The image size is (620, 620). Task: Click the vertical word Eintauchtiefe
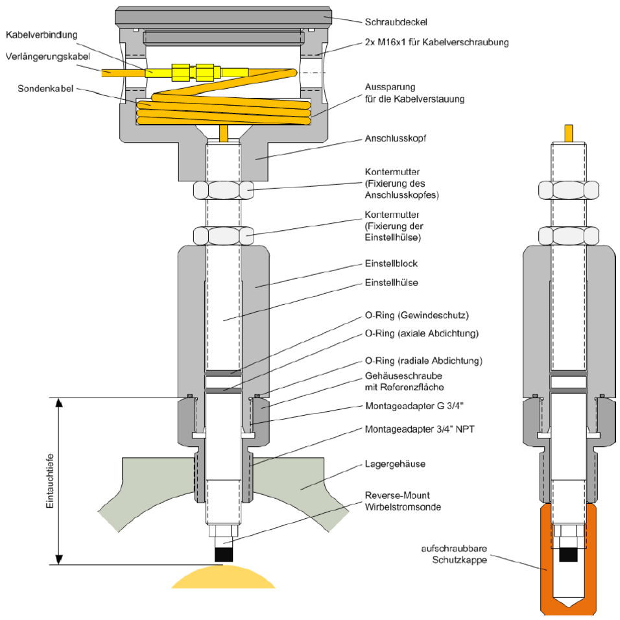(x=50, y=481)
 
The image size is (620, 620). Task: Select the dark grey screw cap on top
(x=224, y=16)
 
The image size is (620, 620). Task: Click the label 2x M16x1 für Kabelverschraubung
(x=436, y=43)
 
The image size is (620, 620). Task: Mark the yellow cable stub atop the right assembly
(x=568, y=132)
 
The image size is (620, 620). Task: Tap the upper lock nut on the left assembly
(x=224, y=190)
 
